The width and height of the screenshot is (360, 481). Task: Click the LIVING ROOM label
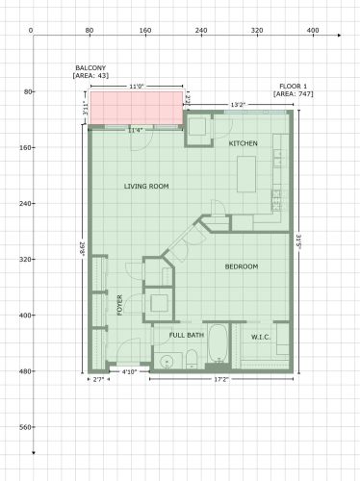tap(146, 186)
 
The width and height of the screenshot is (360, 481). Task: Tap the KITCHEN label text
tap(243, 143)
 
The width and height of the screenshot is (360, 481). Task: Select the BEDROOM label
tap(242, 266)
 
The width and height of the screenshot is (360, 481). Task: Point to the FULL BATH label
tap(187, 335)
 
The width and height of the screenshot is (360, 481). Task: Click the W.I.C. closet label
tap(261, 337)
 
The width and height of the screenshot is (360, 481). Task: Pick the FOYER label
tap(120, 305)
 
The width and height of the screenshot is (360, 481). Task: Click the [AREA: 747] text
tap(293, 94)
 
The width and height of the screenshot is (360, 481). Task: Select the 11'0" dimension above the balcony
tap(136, 87)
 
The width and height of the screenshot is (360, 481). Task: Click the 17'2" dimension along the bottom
tap(220, 380)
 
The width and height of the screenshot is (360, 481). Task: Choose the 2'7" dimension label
tap(98, 380)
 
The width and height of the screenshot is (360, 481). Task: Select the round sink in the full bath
tap(167, 362)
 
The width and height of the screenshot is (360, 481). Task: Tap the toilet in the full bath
tap(192, 360)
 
